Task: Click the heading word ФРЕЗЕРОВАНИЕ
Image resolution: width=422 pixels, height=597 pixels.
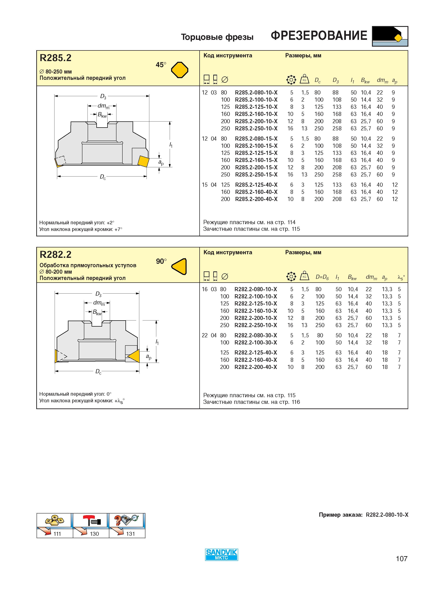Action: click(319, 36)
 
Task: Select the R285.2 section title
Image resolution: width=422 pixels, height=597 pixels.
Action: click(55, 58)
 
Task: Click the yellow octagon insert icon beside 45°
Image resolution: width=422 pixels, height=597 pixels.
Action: click(180, 70)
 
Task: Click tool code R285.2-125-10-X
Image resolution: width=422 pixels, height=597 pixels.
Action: click(256, 107)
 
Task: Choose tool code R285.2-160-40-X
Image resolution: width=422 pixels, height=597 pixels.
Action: click(256, 192)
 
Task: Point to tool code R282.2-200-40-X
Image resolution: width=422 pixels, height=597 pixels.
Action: click(256, 367)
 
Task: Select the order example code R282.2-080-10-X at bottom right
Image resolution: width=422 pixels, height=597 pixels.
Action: click(387, 515)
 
